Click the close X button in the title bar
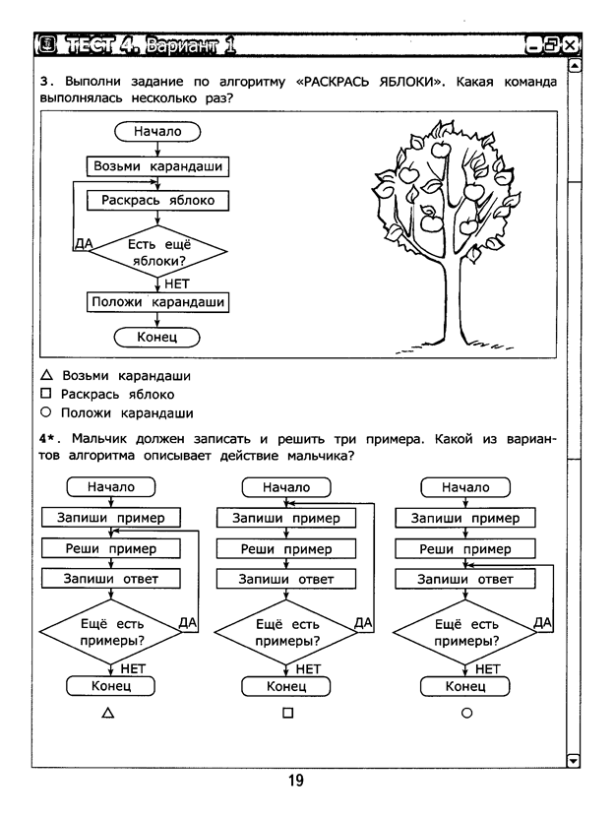570,45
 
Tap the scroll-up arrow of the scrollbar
574,66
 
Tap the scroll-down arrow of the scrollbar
573,760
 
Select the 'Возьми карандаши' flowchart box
157,166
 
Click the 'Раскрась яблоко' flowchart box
157,201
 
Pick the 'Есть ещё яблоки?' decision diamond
158,251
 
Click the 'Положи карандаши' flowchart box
157,302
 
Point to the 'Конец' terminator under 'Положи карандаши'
157,337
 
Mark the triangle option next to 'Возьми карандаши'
46,375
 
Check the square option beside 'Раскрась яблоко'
46,394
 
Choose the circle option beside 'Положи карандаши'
46,412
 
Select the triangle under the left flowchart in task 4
108,713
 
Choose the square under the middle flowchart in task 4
287,713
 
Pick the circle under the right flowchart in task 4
466,713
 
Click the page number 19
296,781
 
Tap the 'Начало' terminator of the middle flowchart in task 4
286,487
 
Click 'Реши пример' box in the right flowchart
465,549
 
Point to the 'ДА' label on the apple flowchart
84,243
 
